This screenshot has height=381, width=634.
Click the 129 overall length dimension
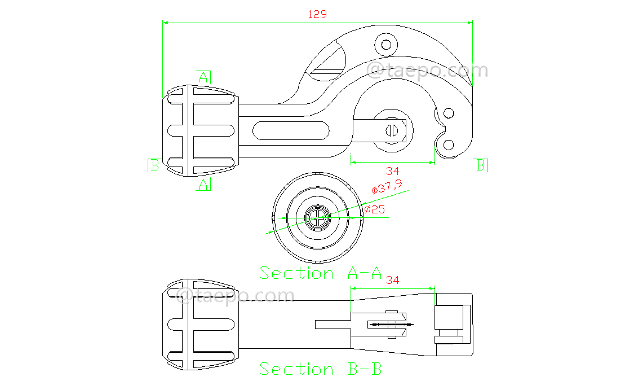[x=317, y=15]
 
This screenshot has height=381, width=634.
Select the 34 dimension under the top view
[x=393, y=171]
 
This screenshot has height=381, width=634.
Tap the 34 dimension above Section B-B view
[x=393, y=280]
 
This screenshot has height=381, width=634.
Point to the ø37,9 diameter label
[x=387, y=187]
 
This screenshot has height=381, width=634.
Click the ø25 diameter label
[x=375, y=209]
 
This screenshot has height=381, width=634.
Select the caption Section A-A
[x=320, y=273]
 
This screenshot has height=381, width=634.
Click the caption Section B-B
[x=320, y=369]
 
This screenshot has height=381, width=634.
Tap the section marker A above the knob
[x=203, y=77]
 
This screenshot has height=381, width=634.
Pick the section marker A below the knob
[x=203, y=184]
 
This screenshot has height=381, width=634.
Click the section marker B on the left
[x=153, y=165]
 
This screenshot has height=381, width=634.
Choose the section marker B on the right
[x=481, y=165]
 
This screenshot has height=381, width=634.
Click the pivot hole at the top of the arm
[x=386, y=44]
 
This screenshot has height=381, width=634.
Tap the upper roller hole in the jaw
[x=449, y=113]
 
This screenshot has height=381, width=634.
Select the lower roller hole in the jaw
[x=449, y=144]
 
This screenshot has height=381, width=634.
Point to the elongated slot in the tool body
[x=291, y=130]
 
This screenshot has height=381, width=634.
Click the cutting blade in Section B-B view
[x=391, y=325]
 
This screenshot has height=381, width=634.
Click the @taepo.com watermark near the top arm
[x=427, y=71]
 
